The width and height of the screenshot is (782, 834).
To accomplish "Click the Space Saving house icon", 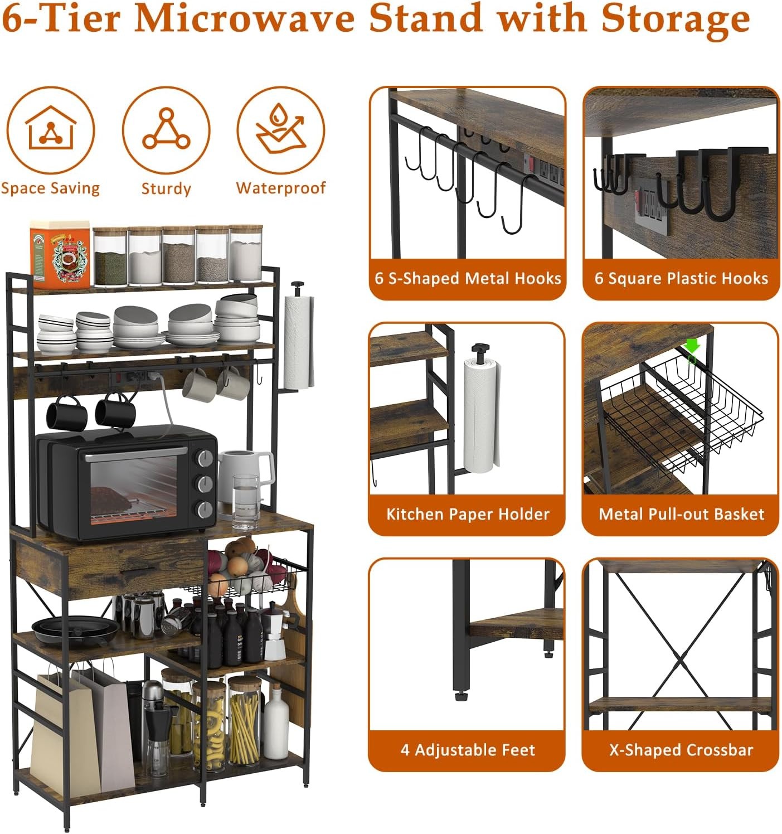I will pyautogui.click(x=51, y=130).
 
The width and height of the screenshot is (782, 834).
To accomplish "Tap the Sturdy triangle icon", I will pyautogui.click(x=166, y=130).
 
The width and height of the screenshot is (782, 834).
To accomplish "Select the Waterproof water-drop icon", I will pyautogui.click(x=280, y=130).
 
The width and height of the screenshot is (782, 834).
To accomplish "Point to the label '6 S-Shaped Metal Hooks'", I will pyautogui.click(x=468, y=278).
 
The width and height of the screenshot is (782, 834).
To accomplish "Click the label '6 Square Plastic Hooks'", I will pyautogui.click(x=681, y=278).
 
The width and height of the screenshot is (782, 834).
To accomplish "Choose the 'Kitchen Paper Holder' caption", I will pyautogui.click(x=468, y=514).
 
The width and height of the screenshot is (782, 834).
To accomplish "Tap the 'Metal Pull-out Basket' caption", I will pyautogui.click(x=681, y=514).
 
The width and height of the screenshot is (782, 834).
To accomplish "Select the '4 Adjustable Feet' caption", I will pyautogui.click(x=468, y=750).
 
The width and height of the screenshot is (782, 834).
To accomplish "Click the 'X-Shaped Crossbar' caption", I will pyautogui.click(x=681, y=750).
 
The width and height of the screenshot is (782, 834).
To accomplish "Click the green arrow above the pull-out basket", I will pyautogui.click(x=692, y=346).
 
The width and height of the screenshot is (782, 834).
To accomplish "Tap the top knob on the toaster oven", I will pyautogui.click(x=205, y=458).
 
